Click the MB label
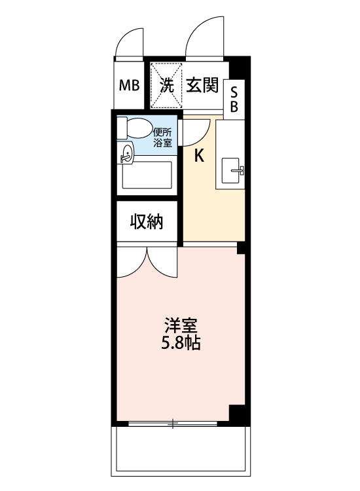coord(129,85)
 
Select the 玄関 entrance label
coord(201,84)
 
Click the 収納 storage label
coord(146,222)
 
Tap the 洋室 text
coord(181,325)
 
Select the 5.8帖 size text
coord(181,342)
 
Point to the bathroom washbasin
coord(126,155)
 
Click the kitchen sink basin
coord(232,171)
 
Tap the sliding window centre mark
coord(173,425)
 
